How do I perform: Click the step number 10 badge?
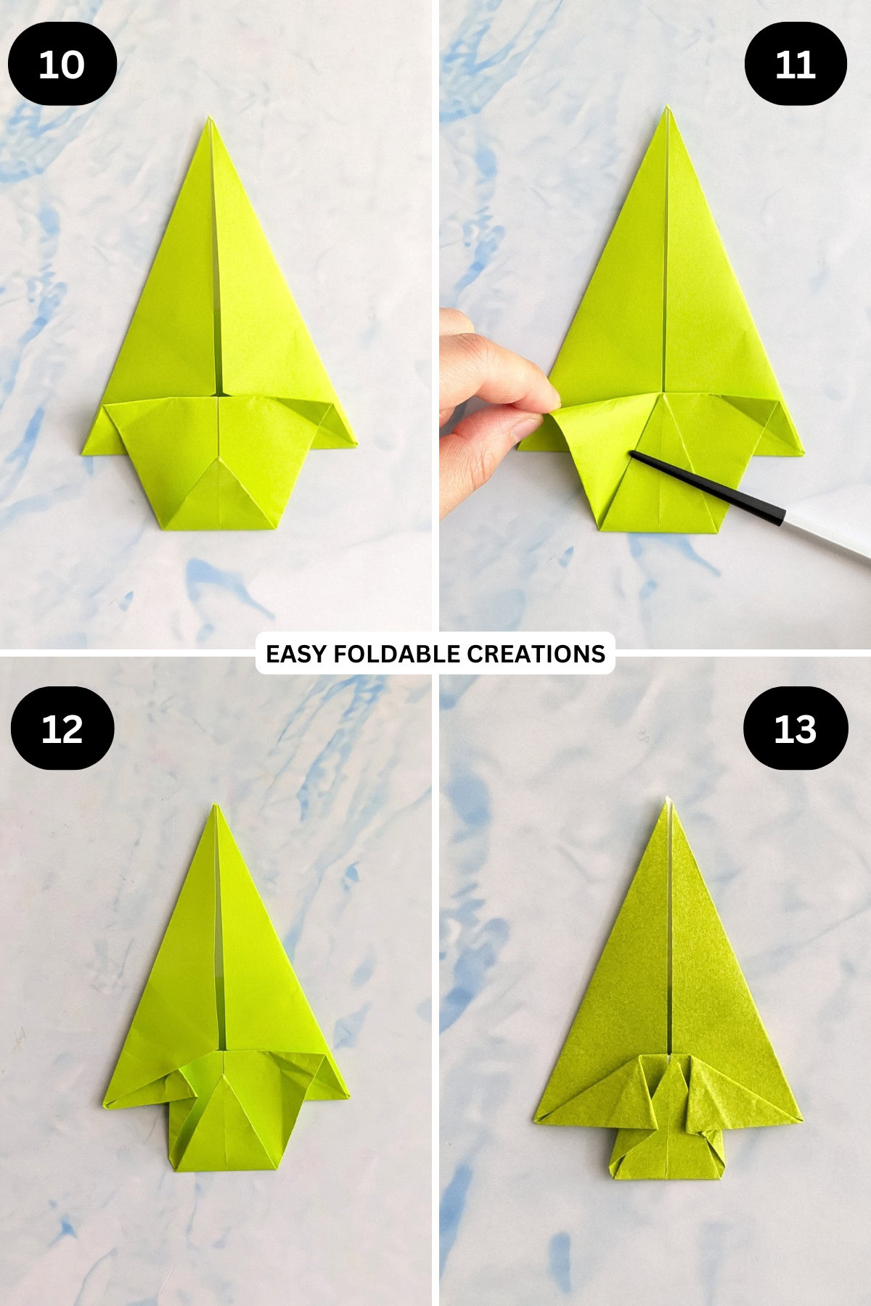coord(62,65)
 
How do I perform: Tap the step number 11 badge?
coord(796,65)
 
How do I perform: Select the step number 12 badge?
coord(62,728)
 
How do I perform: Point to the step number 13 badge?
coord(796,728)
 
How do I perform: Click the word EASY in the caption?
coord(295,654)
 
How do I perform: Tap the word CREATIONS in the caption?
coord(536,654)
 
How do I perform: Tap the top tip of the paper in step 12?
coord(216,805)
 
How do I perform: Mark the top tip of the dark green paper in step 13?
coord(666,800)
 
